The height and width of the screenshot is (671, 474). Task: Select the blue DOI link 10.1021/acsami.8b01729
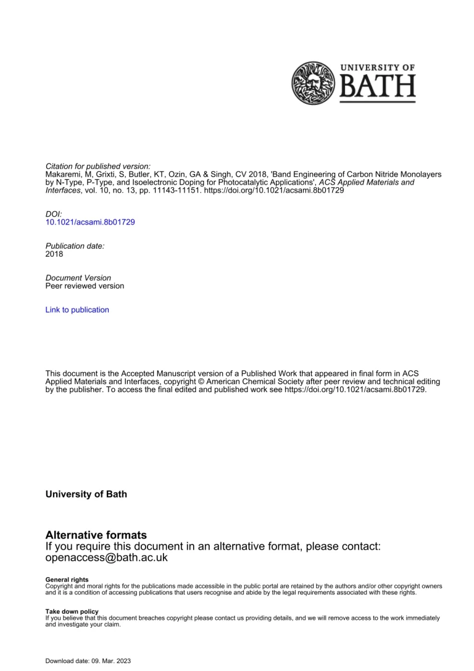coord(90,222)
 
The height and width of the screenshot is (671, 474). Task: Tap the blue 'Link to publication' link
coord(77,310)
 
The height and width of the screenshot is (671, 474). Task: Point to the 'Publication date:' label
coord(75,245)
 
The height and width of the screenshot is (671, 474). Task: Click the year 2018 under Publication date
coord(54,254)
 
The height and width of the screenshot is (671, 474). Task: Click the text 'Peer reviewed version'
coord(85,286)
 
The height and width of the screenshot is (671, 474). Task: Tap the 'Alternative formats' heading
coord(96,535)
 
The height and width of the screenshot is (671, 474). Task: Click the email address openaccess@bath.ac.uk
coord(107,557)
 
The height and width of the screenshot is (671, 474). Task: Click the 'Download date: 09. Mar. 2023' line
coord(88,661)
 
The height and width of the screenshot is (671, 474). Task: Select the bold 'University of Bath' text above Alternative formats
coord(86,494)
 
